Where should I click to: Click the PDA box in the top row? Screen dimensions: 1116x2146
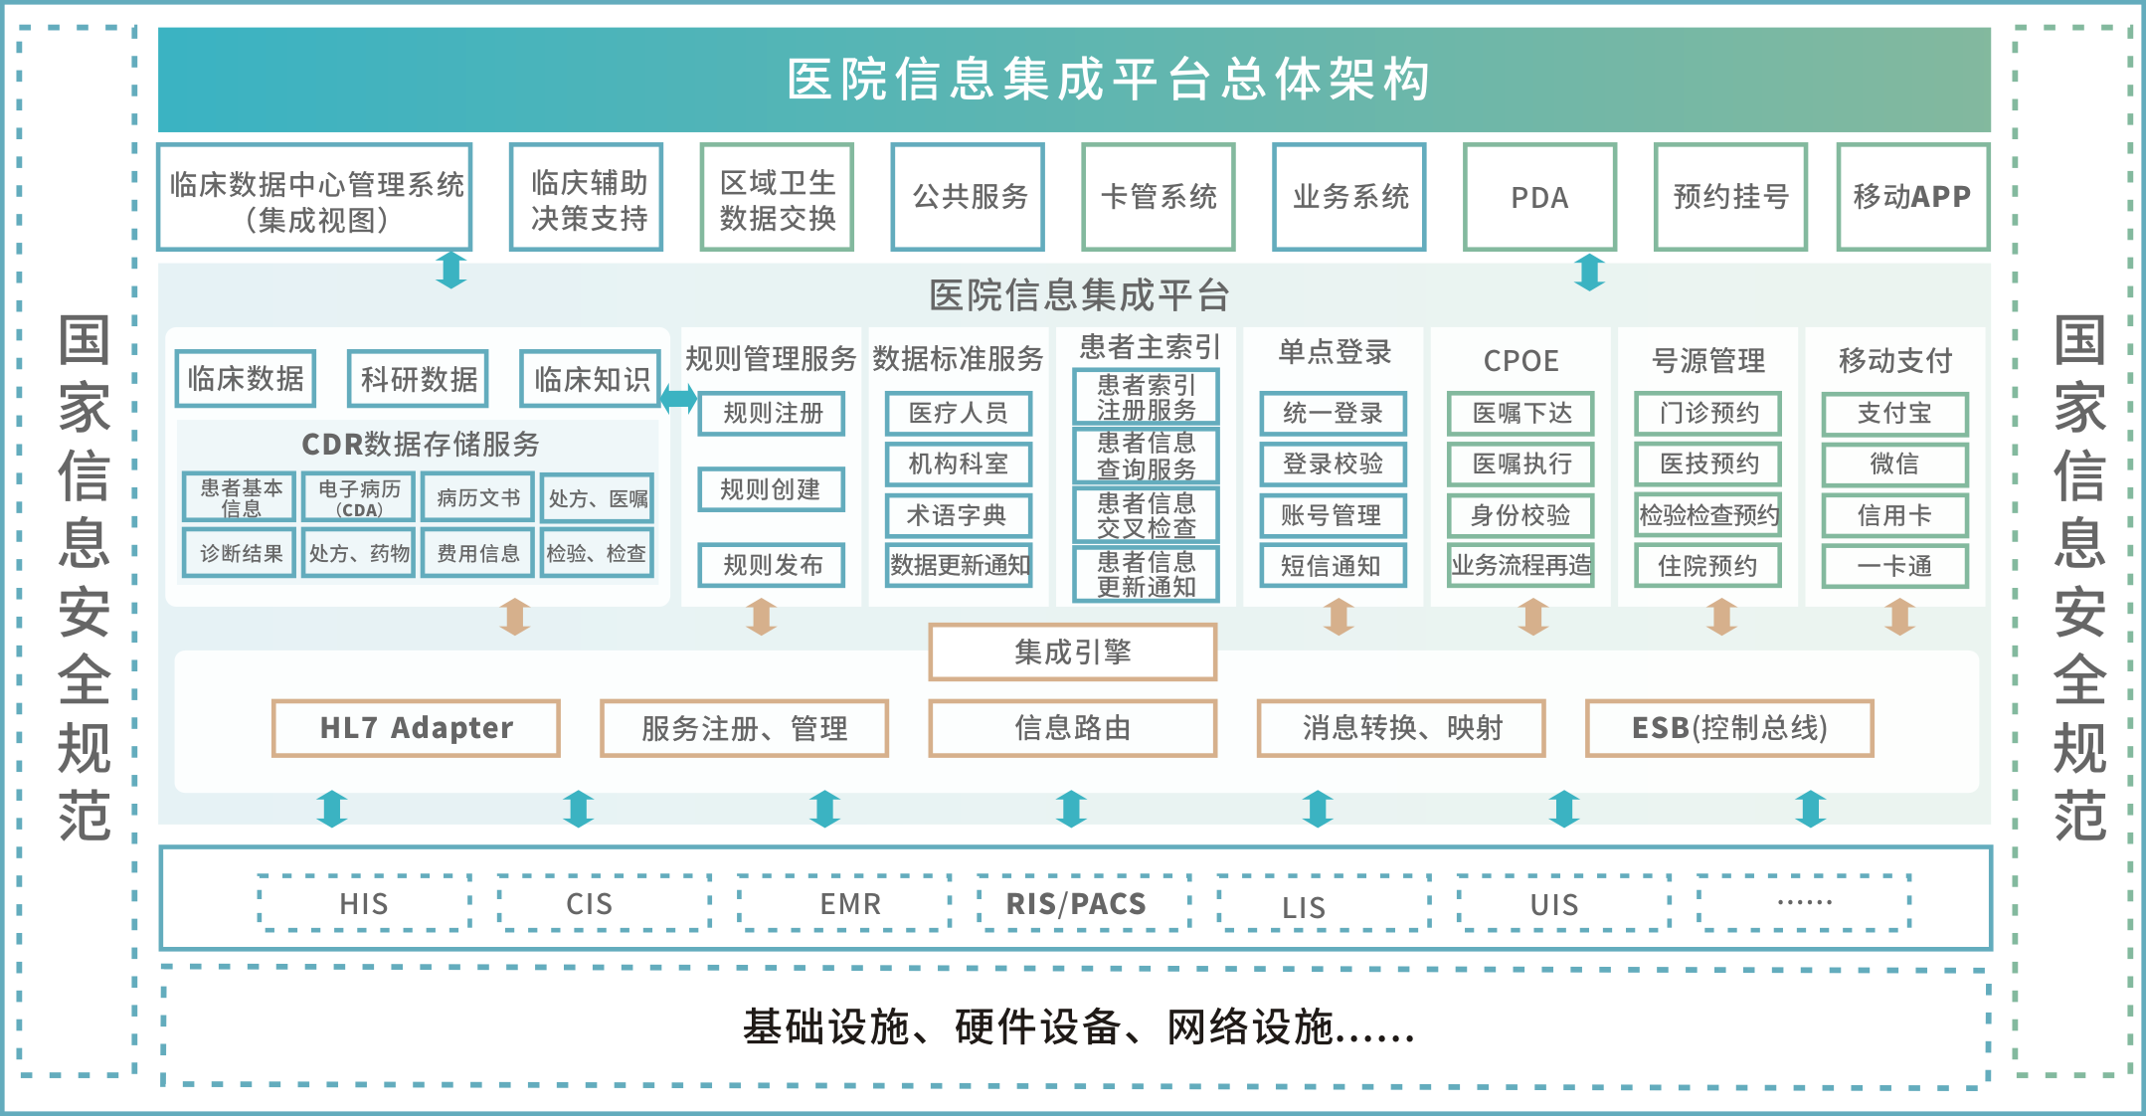pyautogui.click(x=1539, y=197)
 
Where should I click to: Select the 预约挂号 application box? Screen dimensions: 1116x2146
pyautogui.click(x=1730, y=197)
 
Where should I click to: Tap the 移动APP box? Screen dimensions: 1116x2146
pyautogui.click(x=1912, y=197)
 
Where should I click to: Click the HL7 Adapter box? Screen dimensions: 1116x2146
pyautogui.click(x=416, y=728)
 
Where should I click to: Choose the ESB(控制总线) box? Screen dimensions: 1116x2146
pyautogui.click(x=1729, y=728)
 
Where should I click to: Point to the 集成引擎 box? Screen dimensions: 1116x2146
pyautogui.click(x=1072, y=652)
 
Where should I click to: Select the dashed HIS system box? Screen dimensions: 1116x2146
pyautogui.click(x=364, y=903)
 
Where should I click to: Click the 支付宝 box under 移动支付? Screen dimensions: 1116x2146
pyautogui.click(x=1894, y=414)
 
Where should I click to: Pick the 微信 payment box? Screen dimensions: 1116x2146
pyautogui.click(x=1894, y=465)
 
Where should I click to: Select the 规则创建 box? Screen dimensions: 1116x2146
pyautogui.click(x=771, y=489)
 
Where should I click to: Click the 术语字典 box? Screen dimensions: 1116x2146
pyautogui.click(x=958, y=515)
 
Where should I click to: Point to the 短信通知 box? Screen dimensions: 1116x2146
pyautogui.click(x=1333, y=566)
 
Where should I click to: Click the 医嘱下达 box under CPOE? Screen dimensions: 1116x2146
pyautogui.click(x=1520, y=414)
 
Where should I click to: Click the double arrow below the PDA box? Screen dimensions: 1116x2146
pyautogui.click(x=1589, y=272)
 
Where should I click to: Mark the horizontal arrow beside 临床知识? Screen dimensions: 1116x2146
pyautogui.click(x=679, y=399)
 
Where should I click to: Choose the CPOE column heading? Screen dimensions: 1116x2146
pyautogui.click(x=1520, y=360)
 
